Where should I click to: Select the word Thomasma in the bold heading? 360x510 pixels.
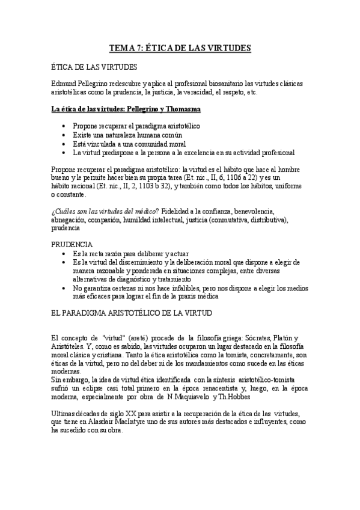(x=182, y=109)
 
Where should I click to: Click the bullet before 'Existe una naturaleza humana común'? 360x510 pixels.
(x=64, y=135)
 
